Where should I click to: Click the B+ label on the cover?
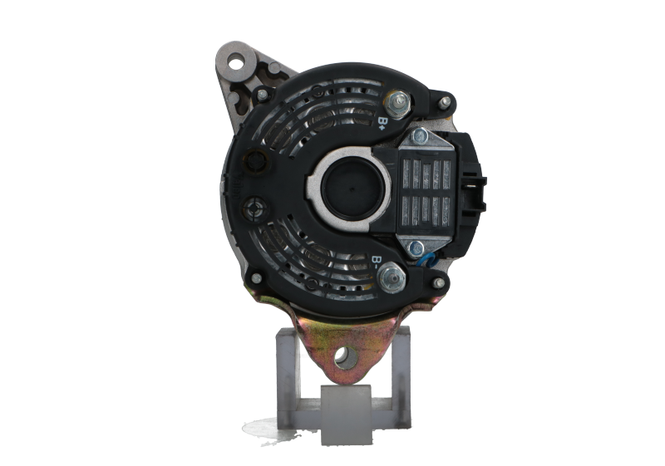pos(382,122)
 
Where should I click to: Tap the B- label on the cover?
pos(376,262)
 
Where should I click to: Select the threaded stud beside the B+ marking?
pos(398,102)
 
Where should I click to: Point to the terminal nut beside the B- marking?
pos(392,278)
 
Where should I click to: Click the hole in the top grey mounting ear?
pos(235,63)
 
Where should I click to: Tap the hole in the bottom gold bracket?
pos(345,357)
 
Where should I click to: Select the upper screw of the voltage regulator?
pos(420,137)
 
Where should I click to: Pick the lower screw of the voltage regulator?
pos(415,248)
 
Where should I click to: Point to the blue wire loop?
pos(427,260)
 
